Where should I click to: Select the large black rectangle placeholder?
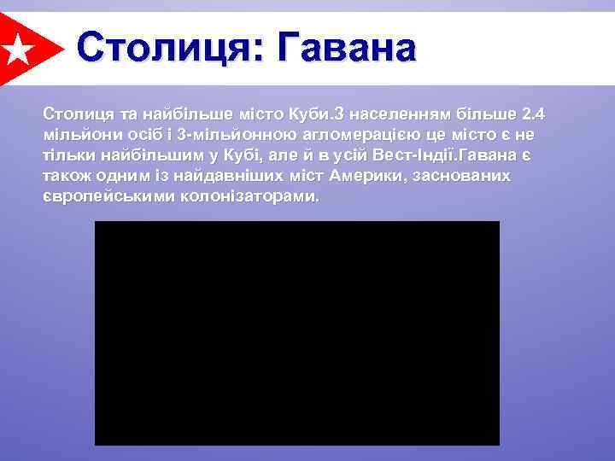pos(296,333)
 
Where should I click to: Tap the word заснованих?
pos(471,175)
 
